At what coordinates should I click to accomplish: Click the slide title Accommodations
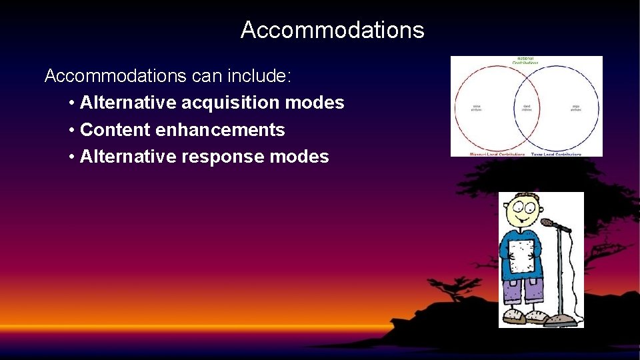pos(332,30)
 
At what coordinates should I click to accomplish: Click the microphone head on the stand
pos(548,222)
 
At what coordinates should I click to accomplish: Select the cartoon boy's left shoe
pos(515,316)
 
